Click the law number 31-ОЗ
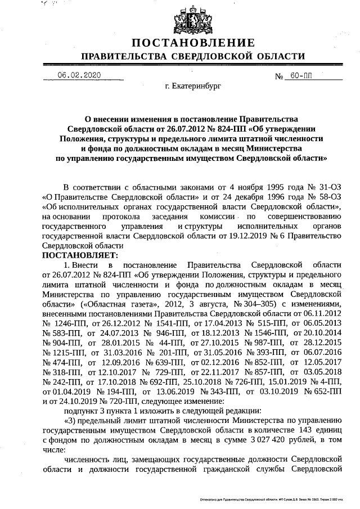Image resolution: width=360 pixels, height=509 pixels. [x=329, y=187]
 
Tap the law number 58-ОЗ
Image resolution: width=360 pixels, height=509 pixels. [x=329, y=197]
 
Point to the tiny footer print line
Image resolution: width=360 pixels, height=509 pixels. [x=275, y=499]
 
